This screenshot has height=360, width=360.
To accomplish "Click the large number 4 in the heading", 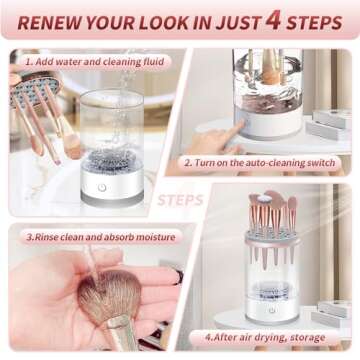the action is [x=273, y=21].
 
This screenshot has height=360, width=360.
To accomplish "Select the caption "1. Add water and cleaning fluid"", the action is [x=95, y=62].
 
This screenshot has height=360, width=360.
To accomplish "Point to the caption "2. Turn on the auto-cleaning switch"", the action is [x=260, y=163].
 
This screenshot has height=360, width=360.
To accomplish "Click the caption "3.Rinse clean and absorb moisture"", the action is [x=101, y=237].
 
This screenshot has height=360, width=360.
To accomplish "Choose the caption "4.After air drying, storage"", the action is [x=265, y=337].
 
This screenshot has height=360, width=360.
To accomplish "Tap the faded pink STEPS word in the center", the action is [x=180, y=200].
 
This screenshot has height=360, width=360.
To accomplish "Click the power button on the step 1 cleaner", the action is [x=102, y=188].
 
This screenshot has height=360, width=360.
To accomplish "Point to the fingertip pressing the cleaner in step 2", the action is [x=239, y=125].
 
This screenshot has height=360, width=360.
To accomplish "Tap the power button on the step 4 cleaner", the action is [x=272, y=310].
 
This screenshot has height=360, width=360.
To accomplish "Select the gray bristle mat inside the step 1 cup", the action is [x=112, y=161].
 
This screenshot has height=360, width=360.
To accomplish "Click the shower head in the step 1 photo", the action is [x=36, y=86].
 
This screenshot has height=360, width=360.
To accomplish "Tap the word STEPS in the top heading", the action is [x=314, y=23].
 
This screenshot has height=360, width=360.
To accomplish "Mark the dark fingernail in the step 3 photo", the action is [x=180, y=277].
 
